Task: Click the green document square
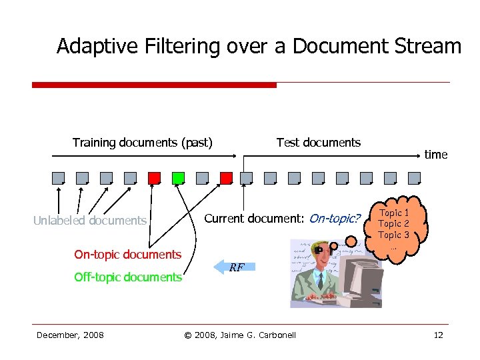pyautogui.click(x=178, y=178)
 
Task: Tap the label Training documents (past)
pyautogui.click(x=143, y=142)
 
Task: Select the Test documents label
pyautogui.click(x=318, y=142)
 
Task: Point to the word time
pyautogui.click(x=436, y=155)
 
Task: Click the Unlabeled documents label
pyautogui.click(x=90, y=221)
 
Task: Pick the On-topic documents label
pyautogui.click(x=127, y=254)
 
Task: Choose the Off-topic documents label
pyautogui.click(x=127, y=277)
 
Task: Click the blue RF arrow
pyautogui.click(x=235, y=267)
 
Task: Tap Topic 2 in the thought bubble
pyautogui.click(x=394, y=224)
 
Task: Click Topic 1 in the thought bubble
pyautogui.click(x=394, y=213)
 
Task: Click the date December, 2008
pyautogui.click(x=70, y=335)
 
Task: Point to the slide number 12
pyautogui.click(x=438, y=335)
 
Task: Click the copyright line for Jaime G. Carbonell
pyautogui.click(x=239, y=335)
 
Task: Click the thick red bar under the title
pyautogui.click(x=154, y=85)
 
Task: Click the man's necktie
pyautogui.click(x=321, y=280)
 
